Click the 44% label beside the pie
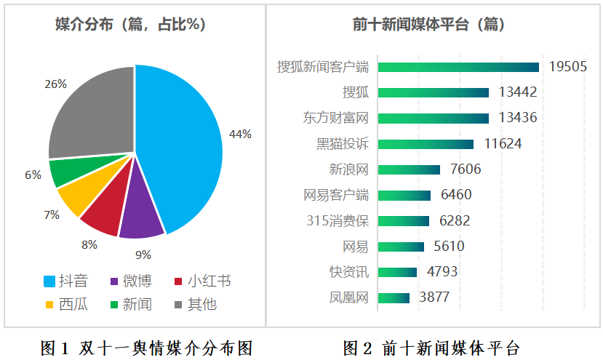[240, 134]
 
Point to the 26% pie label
[55, 84]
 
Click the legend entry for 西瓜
[65, 303]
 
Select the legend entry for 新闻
[131, 303]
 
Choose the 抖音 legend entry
[65, 281]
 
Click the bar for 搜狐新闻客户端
[458, 67]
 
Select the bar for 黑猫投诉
[426, 144]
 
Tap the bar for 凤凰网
[394, 297]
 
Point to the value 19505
[568, 67]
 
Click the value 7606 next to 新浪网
[466, 169]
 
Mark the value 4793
[442, 272]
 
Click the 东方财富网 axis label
[336, 118]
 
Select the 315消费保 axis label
[338, 220]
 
